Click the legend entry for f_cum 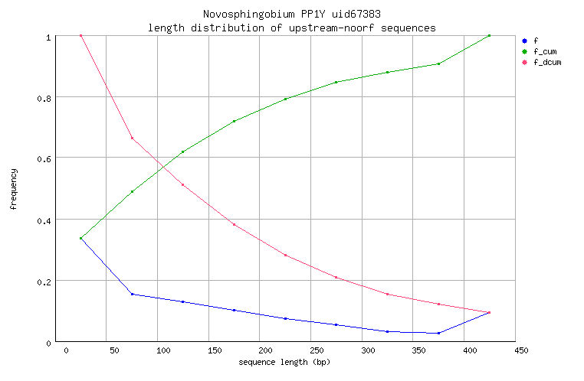pyautogui.click(x=543, y=51)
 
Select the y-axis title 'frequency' pyautogui.click(x=14, y=190)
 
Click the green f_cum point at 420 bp pyautogui.click(x=489, y=35)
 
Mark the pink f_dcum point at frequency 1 pyautogui.click(x=80, y=35)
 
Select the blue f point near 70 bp pyautogui.click(x=132, y=294)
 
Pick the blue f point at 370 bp pyautogui.click(x=438, y=333)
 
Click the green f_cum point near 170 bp pyautogui.click(x=234, y=121)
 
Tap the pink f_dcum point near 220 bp pyautogui.click(x=285, y=255)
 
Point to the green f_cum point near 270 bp pyautogui.click(x=336, y=82)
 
